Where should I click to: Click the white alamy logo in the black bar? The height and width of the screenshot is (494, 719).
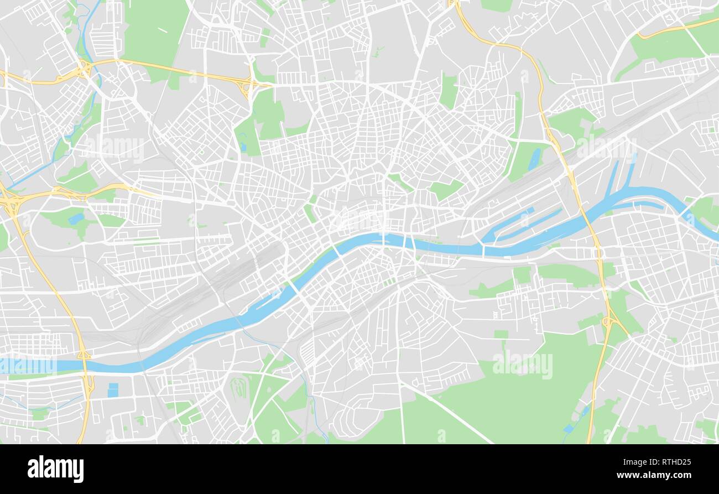[55, 469]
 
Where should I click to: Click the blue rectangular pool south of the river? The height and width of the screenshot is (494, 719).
[113, 390]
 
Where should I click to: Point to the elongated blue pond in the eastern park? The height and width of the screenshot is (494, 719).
[534, 159]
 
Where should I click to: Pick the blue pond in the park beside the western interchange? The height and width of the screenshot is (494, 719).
[76, 219]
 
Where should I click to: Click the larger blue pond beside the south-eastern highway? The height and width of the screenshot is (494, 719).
[569, 428]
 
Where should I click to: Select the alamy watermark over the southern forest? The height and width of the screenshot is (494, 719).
[522, 365]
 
